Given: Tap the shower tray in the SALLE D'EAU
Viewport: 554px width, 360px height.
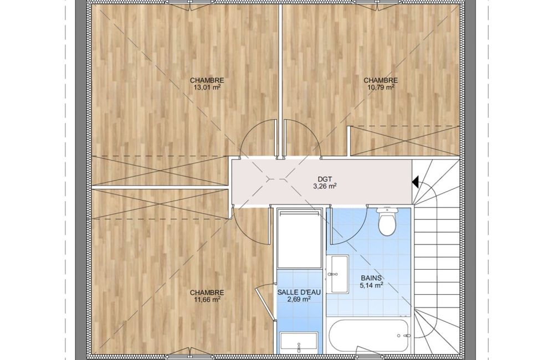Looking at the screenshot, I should (299, 238).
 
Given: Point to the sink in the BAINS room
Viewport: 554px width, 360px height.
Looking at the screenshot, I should (337, 275).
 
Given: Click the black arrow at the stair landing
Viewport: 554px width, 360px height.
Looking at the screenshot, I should (415, 180).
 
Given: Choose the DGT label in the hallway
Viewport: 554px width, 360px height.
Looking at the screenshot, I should (325, 178).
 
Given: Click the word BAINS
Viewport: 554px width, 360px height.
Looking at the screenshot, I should (372, 279).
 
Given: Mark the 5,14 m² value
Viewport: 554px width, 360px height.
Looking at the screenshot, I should (372, 286).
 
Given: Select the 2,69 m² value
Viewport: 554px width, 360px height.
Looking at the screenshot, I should (298, 299).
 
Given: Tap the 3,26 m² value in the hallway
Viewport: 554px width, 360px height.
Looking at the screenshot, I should (325, 186).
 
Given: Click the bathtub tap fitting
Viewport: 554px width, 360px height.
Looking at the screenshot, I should (406, 335).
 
